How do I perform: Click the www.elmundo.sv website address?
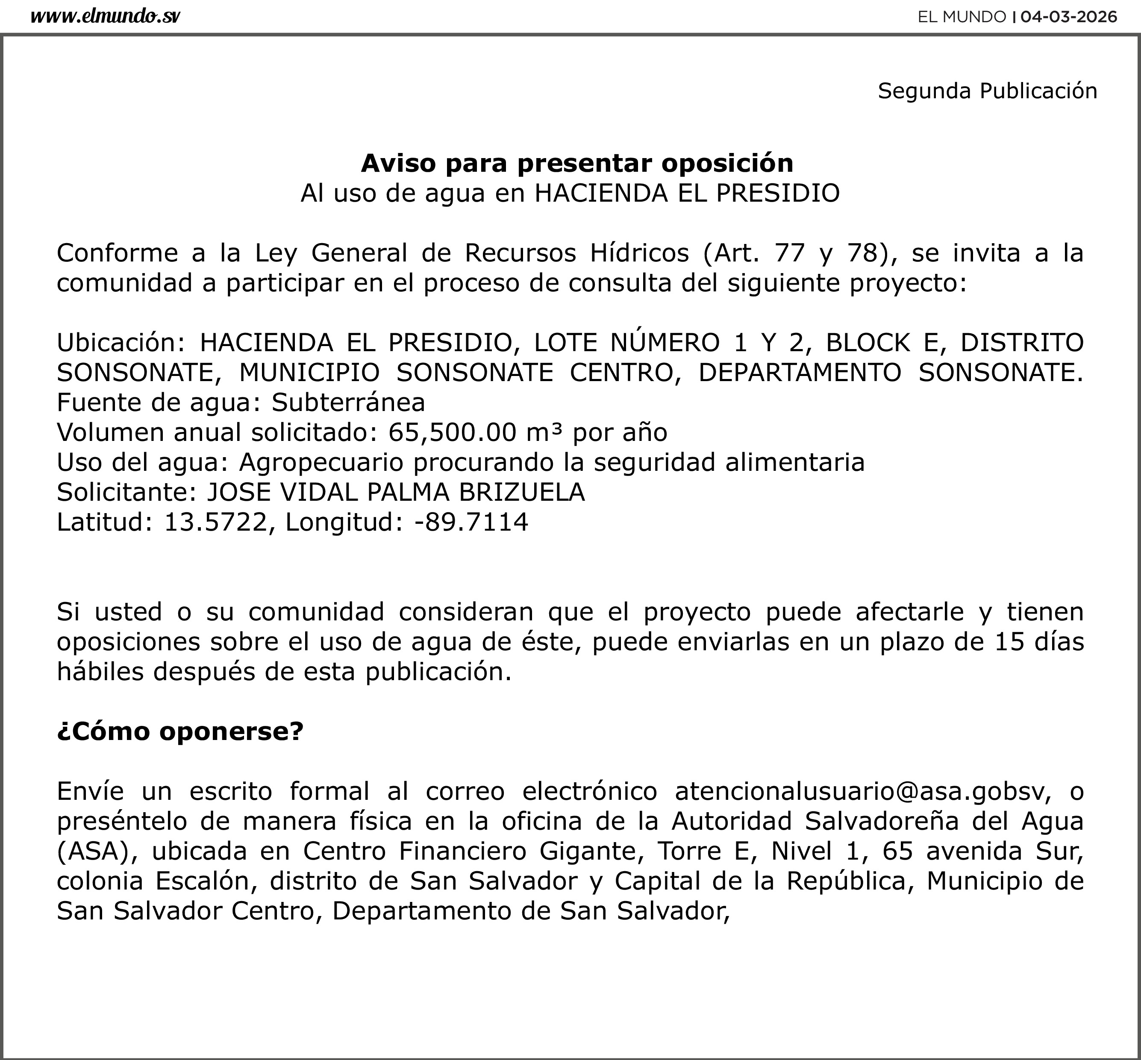point(105,17)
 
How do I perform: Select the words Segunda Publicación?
point(987,91)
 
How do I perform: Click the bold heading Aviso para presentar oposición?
point(576,164)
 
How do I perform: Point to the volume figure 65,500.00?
point(452,432)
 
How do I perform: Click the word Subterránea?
point(348,402)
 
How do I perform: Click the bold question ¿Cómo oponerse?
point(179,731)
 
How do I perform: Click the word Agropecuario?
point(321,462)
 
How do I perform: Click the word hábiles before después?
point(100,672)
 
